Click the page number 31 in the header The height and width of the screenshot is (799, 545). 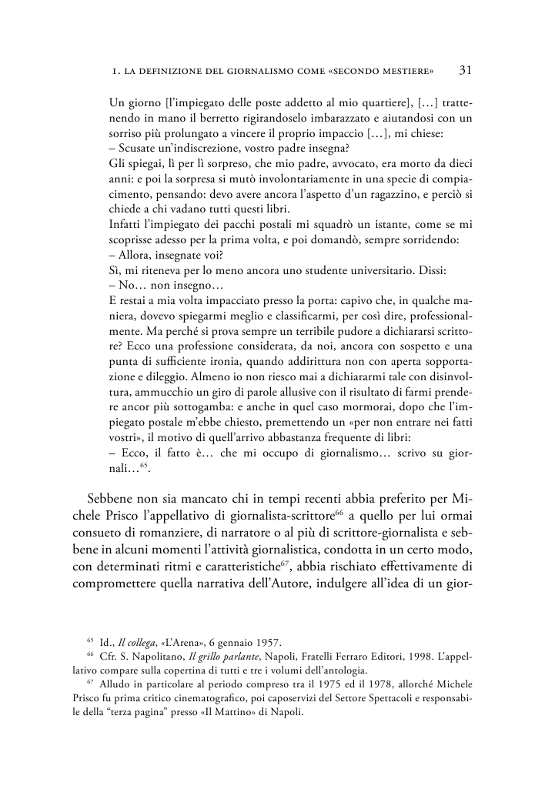(465, 70)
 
